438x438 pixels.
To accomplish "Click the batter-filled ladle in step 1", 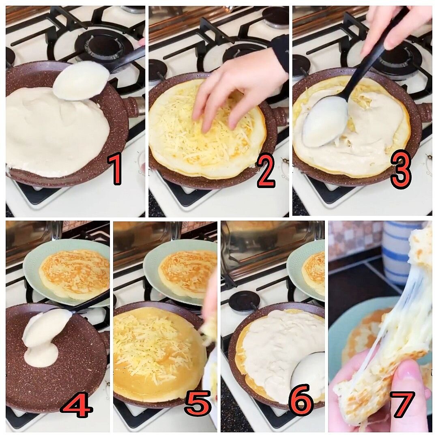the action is [x=81, y=81].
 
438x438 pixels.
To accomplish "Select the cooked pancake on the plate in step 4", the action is [x=73, y=274].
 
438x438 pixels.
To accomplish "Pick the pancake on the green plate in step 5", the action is [x=188, y=271].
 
